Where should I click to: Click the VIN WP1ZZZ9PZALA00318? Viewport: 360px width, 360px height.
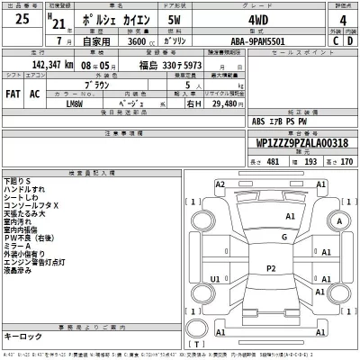click(x=296, y=142)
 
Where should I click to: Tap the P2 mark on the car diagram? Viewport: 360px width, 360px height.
click(x=270, y=268)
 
